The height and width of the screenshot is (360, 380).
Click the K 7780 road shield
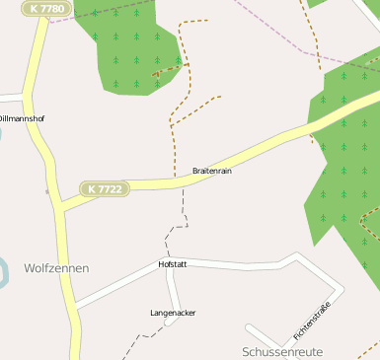pyautogui.click(x=48, y=9)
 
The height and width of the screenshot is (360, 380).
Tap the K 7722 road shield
pyautogui.click(x=104, y=188)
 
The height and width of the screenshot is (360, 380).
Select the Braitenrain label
pyautogui.click(x=212, y=171)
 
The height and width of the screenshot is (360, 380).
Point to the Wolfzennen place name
pyautogui.click(x=56, y=267)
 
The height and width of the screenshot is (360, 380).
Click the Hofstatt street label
pyautogui.click(x=173, y=264)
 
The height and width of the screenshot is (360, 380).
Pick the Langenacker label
pyautogui.click(x=173, y=313)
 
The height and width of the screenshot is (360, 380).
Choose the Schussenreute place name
pyautogui.click(x=282, y=351)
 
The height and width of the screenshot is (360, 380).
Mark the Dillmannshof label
pyautogui.click(x=22, y=118)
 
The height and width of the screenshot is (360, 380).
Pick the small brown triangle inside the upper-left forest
pyautogui.click(x=156, y=73)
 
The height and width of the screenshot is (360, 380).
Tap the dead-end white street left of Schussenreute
pyautogui.click(x=263, y=334)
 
